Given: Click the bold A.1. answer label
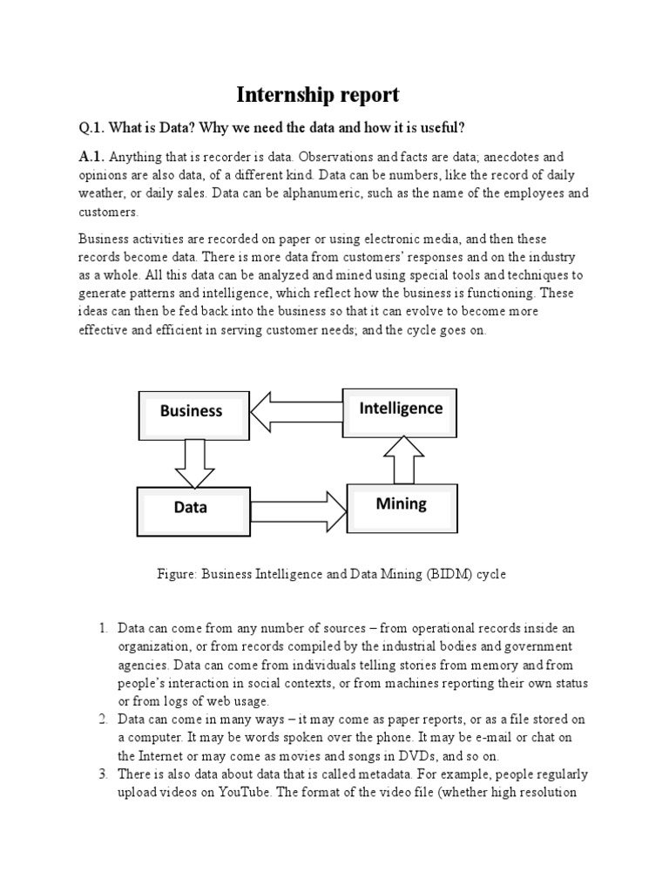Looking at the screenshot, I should click(91, 157).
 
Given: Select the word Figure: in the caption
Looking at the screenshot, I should click(178, 575).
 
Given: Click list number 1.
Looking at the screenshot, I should click(102, 628).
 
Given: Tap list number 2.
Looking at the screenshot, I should click(102, 719).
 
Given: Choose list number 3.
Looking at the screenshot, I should click(102, 774).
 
